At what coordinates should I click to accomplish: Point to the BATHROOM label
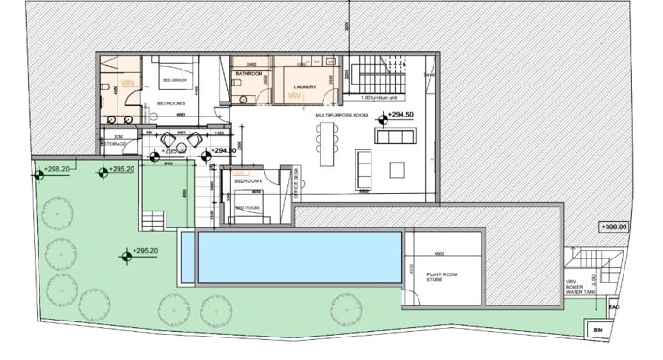[248, 72]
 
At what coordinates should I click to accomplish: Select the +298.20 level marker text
[58, 170]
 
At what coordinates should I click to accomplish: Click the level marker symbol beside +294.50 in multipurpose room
[383, 118]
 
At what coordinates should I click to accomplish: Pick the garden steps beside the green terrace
[151, 220]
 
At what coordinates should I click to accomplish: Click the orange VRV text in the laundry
[292, 96]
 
